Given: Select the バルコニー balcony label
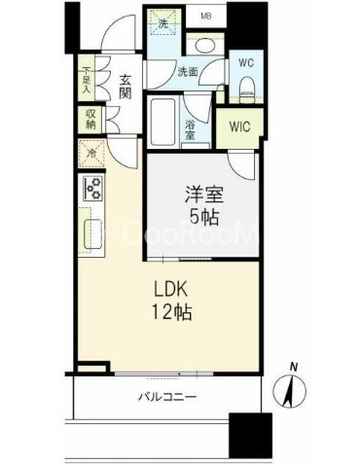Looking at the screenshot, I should (167, 398).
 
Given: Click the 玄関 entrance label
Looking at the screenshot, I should (126, 88).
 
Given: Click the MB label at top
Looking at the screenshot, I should (206, 17).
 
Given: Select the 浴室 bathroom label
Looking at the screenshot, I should (192, 128).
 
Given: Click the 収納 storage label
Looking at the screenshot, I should (90, 118).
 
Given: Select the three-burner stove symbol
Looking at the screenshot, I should (93, 189).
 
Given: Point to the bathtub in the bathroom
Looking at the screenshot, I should (164, 123).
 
